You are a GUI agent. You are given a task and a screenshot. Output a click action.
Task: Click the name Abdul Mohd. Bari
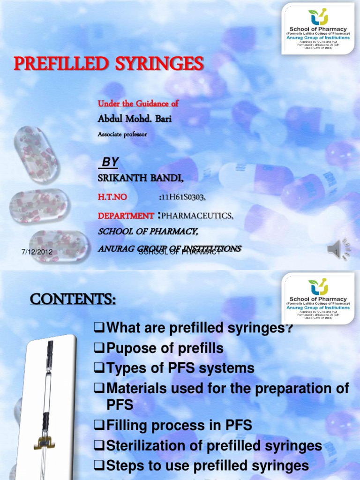(x=135, y=119)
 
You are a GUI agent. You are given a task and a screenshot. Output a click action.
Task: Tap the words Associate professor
(x=122, y=135)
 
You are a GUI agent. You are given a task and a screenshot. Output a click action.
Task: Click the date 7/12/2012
(x=37, y=252)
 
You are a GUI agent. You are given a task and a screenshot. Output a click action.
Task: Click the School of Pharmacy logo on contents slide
(x=318, y=299)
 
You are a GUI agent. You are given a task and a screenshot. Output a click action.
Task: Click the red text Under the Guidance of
(x=138, y=103)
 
